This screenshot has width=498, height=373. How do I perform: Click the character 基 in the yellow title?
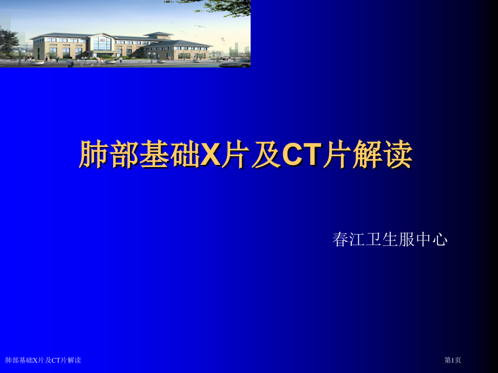click(x=154, y=155)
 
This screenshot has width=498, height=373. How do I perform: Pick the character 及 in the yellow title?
click(x=265, y=155)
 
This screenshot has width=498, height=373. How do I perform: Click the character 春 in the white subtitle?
click(x=340, y=239)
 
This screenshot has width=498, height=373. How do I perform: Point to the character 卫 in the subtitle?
click(x=373, y=239)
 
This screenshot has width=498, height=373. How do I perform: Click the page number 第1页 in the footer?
click(x=453, y=360)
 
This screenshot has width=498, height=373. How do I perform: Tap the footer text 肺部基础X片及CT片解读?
click(x=43, y=360)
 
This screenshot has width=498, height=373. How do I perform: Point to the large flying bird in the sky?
click(x=202, y=25)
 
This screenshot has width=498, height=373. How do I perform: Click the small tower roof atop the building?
click(x=158, y=34)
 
